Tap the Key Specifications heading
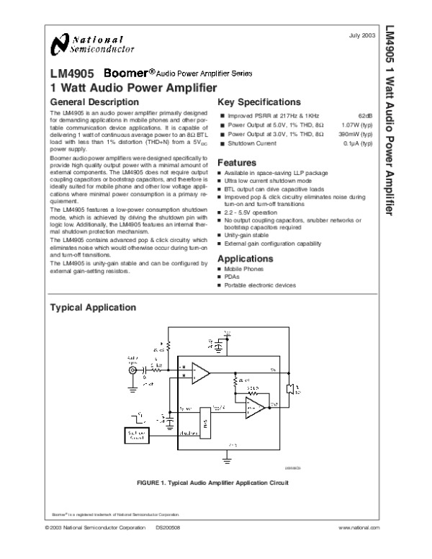tap(259, 102)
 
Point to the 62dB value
tap(365, 115)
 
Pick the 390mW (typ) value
tap(355, 134)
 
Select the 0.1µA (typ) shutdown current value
tap(358, 143)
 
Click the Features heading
tap(237, 162)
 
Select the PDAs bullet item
tap(233, 277)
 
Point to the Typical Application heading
tap(91, 308)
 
